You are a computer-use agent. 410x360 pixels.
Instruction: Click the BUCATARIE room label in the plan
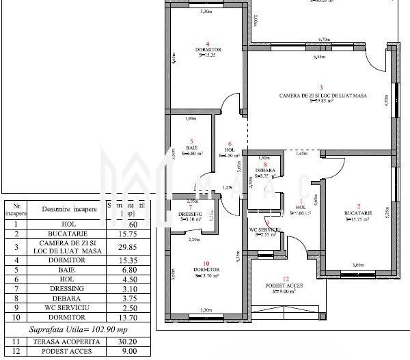(359, 213)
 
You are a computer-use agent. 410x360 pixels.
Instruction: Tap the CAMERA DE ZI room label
(323, 95)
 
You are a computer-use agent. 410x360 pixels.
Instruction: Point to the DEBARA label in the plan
(265, 170)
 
